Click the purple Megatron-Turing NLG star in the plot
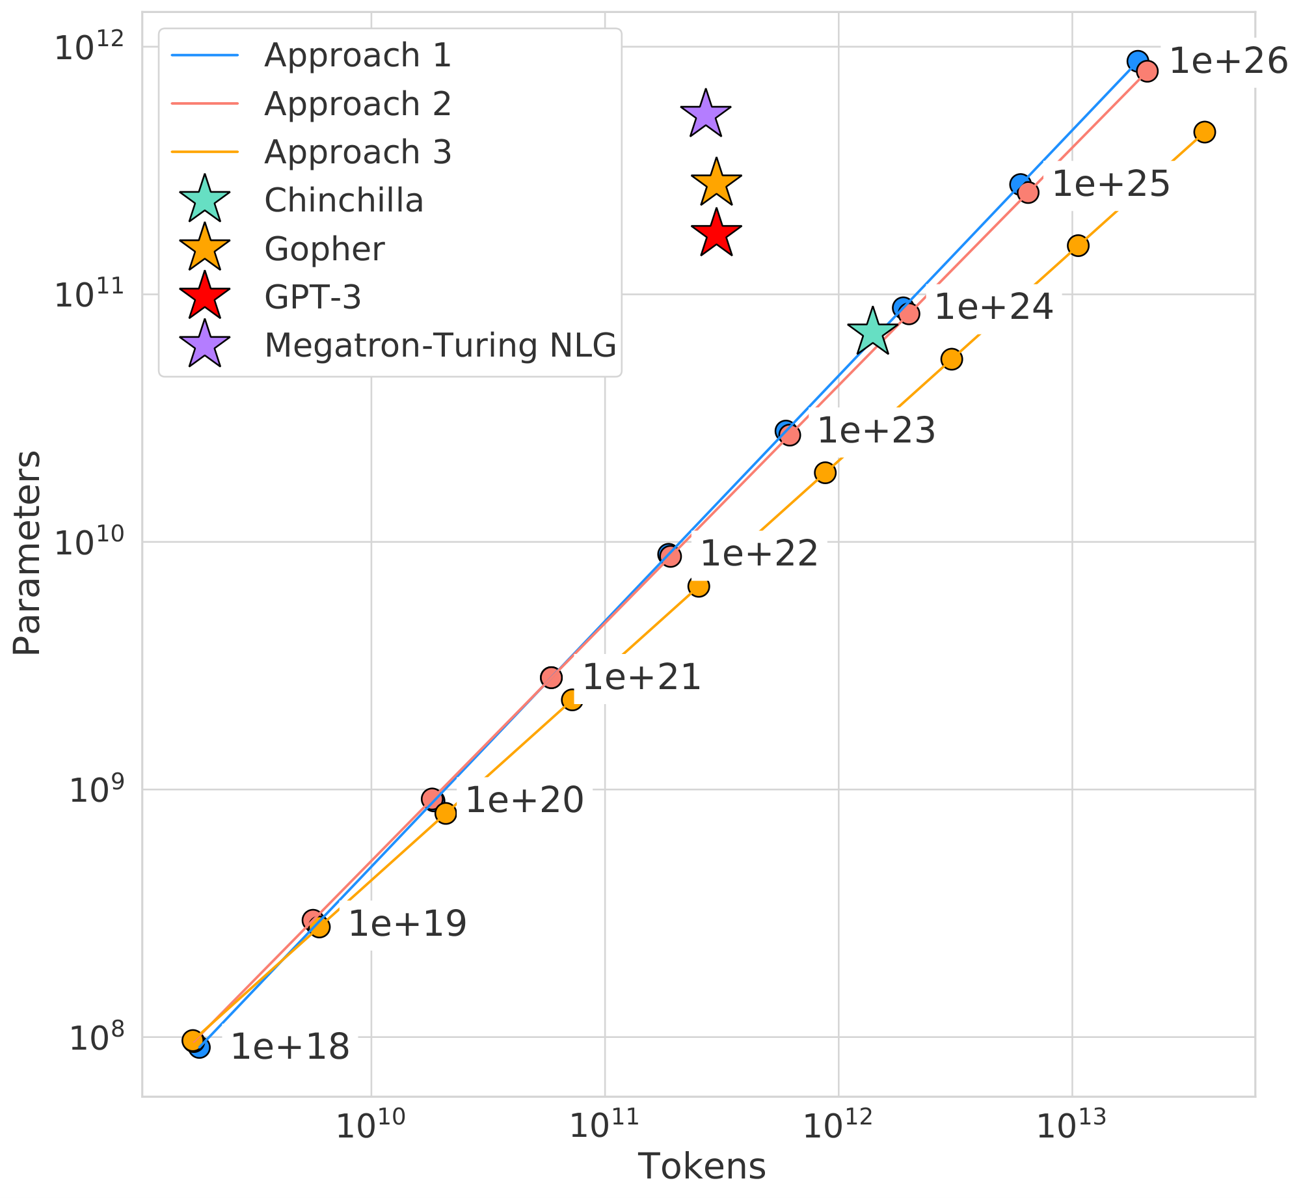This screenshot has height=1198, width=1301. [706, 115]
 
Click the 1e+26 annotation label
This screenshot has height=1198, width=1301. [1228, 62]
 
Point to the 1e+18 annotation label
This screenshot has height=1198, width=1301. [290, 1047]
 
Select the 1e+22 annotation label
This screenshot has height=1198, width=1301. [758, 554]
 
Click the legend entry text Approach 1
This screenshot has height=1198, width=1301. [357, 55]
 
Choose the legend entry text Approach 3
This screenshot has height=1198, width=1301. [357, 152]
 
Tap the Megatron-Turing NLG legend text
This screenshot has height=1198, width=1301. [440, 346]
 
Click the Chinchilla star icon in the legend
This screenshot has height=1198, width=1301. [205, 200]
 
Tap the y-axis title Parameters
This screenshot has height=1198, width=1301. [28, 552]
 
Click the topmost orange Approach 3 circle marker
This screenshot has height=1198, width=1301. [1204, 132]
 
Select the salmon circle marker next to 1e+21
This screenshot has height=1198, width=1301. [551, 677]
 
